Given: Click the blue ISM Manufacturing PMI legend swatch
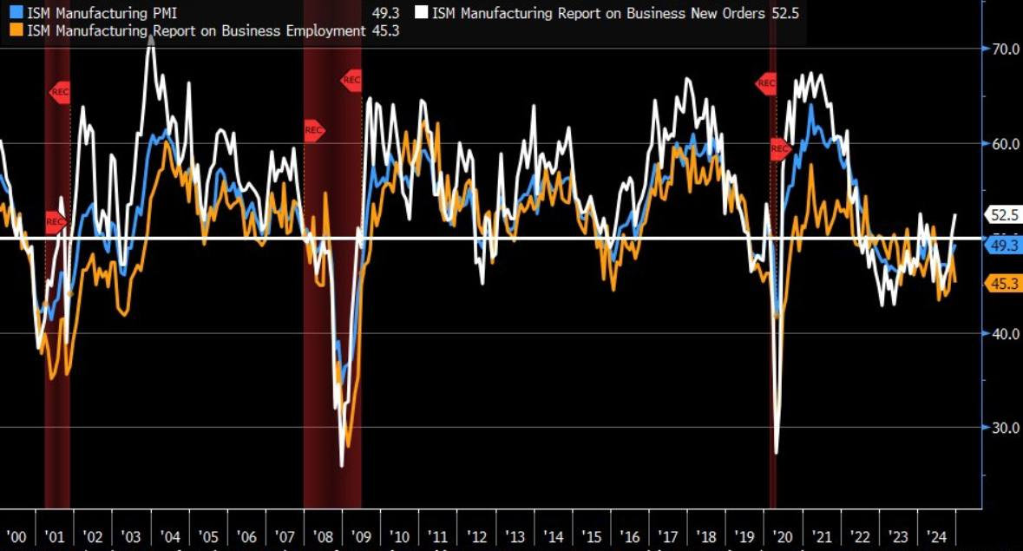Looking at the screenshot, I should tap(16, 13).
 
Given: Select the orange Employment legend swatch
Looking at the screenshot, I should tap(16, 30).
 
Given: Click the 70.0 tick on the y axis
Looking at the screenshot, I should tap(1005, 49).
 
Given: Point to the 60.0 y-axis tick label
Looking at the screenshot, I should tap(1005, 144).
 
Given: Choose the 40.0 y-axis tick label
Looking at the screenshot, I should tap(1005, 333).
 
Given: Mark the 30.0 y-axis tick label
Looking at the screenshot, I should tap(1005, 428).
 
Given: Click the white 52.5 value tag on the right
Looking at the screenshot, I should tap(1003, 214).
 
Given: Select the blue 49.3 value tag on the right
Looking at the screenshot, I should tap(1003, 246).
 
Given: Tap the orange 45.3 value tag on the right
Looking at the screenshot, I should tap(1003, 283).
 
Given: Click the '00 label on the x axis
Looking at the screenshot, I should tap(16, 535).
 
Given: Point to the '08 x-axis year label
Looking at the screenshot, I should tap(323, 535).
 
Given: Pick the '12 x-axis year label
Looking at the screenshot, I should tap(476, 535).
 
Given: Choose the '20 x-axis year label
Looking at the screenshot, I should tap(784, 535).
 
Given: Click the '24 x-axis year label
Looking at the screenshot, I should tap(937, 535).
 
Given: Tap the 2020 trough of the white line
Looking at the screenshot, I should tap(776, 452).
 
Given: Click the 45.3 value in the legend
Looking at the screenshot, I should tap(384, 30).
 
